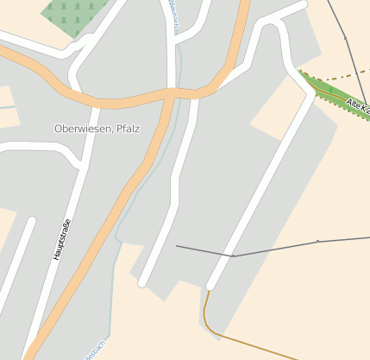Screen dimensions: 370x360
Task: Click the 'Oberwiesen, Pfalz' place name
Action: (x=97, y=129)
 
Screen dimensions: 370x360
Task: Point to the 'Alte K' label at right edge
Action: (x=356, y=107)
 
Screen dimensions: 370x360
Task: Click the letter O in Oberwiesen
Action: (x=59, y=129)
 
